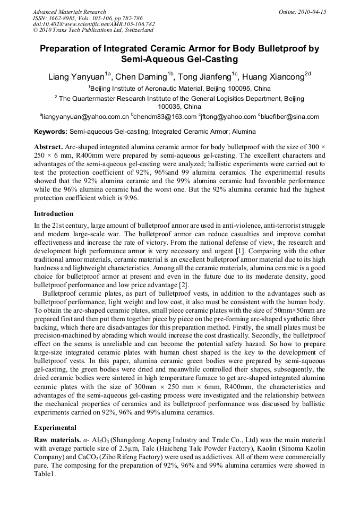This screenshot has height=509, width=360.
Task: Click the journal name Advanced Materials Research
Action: [x=69, y=12]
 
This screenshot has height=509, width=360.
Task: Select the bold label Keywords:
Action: [x=50, y=132]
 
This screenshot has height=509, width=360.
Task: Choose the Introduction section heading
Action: [x=54, y=214]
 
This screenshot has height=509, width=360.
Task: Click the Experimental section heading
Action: [x=55, y=427]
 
